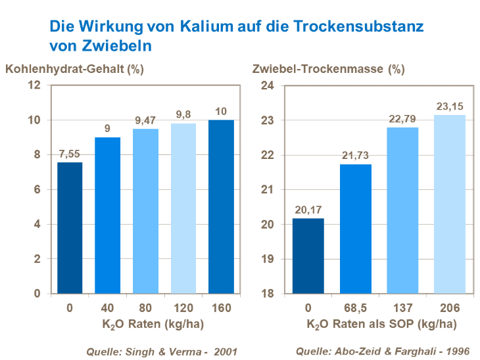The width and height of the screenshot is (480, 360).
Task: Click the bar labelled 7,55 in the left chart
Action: (x=70, y=227)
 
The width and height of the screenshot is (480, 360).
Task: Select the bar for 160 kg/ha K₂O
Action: (x=222, y=206)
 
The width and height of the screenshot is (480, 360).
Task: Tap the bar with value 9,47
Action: (x=145, y=211)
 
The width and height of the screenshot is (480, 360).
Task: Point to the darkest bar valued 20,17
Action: (x=308, y=256)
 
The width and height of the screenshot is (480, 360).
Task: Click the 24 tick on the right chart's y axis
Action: (x=267, y=85)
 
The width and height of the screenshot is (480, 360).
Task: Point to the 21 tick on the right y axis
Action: (x=267, y=189)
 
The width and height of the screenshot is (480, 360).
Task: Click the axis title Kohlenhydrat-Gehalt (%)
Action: (x=74, y=68)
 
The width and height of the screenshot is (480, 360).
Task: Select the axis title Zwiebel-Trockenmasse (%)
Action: (x=329, y=68)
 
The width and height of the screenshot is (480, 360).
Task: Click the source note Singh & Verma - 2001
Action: (x=161, y=351)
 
